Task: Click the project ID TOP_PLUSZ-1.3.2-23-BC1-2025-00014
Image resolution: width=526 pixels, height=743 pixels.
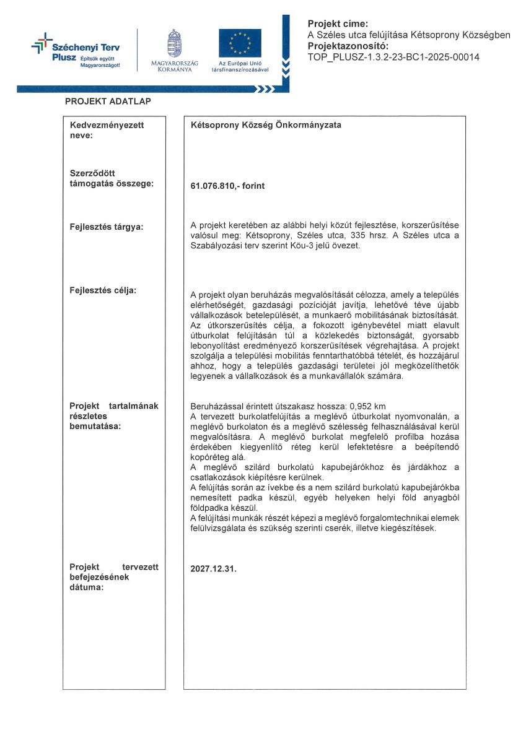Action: pyautogui.click(x=393, y=58)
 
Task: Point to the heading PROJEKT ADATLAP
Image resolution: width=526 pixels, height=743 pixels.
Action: pyautogui.click(x=108, y=101)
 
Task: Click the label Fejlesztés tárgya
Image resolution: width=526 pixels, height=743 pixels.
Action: pyautogui.click(x=107, y=227)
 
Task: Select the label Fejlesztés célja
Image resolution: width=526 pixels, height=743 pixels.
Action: pyautogui.click(x=103, y=290)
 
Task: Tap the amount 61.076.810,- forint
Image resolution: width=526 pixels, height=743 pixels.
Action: pyautogui.click(x=227, y=185)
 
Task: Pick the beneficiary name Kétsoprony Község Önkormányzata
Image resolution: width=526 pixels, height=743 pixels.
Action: pyautogui.click(x=266, y=124)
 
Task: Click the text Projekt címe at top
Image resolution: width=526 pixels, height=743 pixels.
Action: pyautogui.click(x=338, y=24)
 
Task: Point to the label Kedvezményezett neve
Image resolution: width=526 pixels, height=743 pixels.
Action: pyautogui.click(x=107, y=129)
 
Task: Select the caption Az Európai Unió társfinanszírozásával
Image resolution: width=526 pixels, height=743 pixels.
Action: pyautogui.click(x=240, y=66)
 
